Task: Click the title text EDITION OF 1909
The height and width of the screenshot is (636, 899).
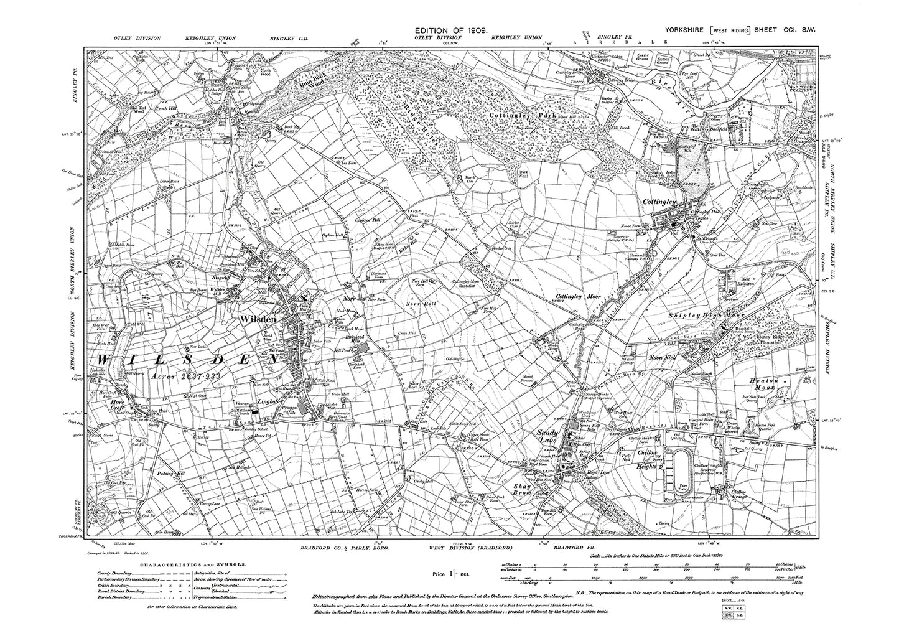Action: (452, 30)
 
